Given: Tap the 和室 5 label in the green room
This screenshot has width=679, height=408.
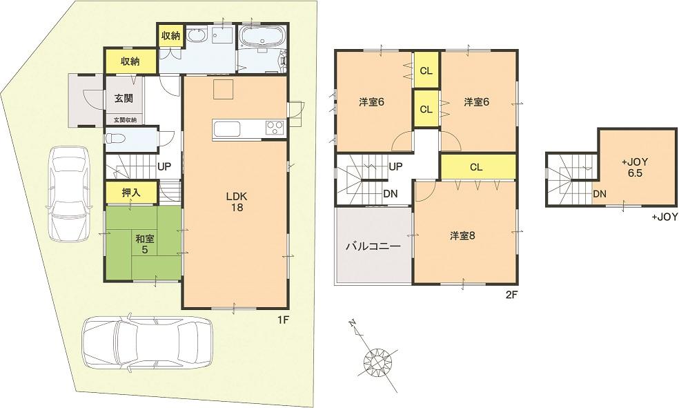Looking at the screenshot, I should point(144,244).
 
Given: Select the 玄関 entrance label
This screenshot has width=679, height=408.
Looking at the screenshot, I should point(124,99).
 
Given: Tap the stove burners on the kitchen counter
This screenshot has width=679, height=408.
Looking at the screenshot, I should point(274,127).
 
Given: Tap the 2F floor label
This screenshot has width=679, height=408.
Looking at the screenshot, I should point(511,295).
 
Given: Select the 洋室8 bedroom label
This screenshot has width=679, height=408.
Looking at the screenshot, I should point(463,235).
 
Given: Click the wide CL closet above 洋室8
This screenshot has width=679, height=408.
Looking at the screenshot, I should point(477,166).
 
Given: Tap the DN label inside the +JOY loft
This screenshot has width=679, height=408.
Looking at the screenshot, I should point(599,195).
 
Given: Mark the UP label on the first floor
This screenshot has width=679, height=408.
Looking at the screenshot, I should point(164,166).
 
